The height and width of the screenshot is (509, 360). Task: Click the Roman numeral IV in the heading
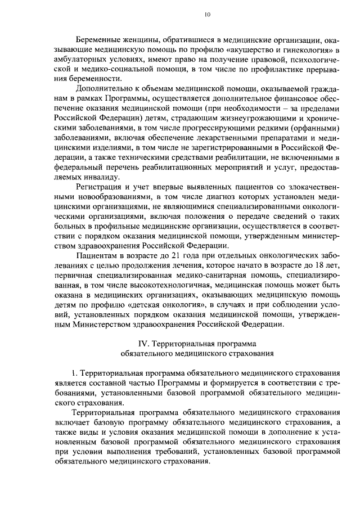coord(143,344)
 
